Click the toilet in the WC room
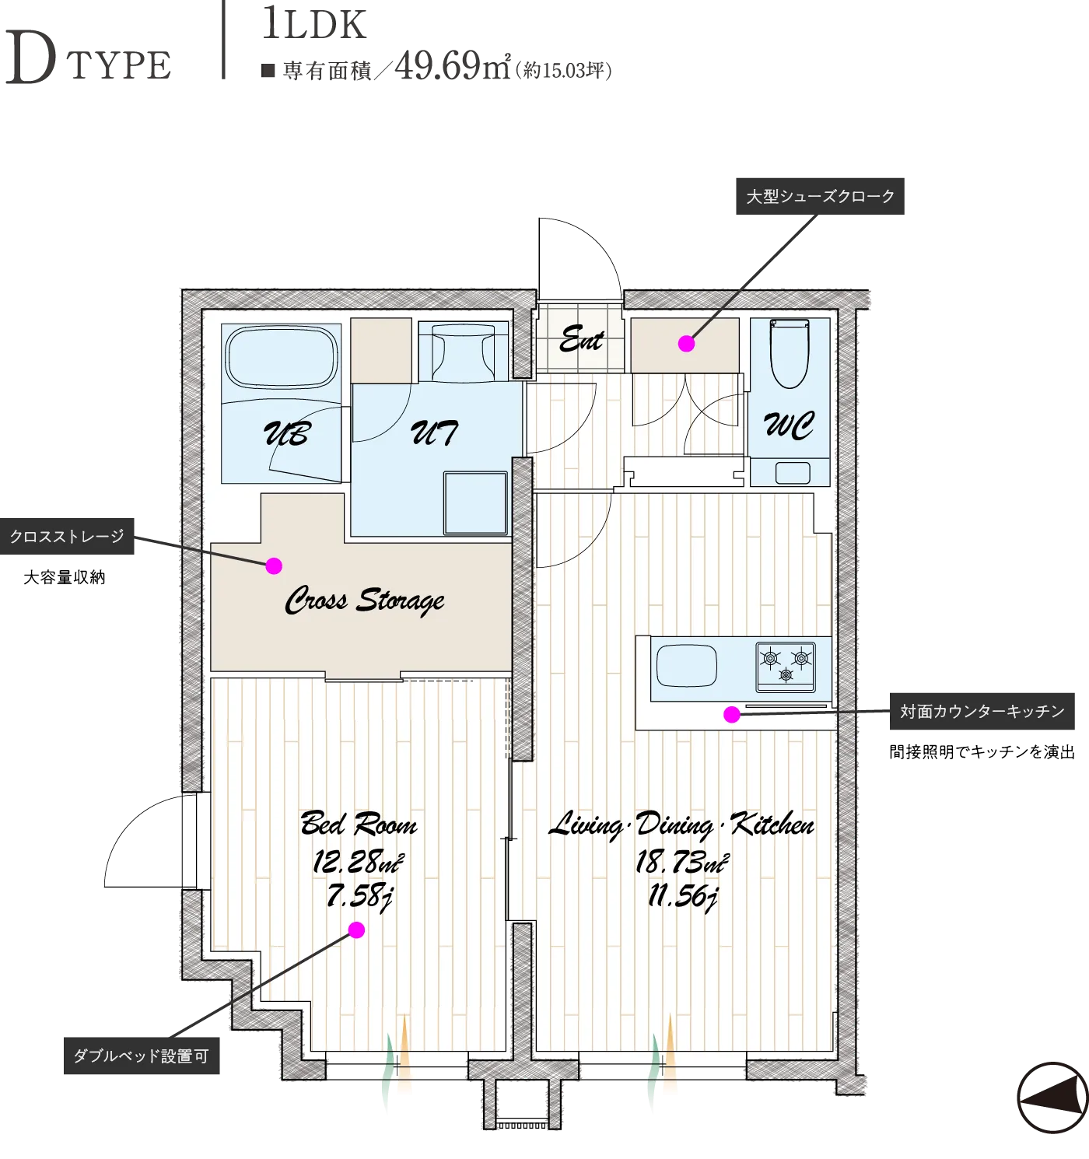789,352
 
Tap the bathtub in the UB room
282,356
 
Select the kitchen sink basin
686,666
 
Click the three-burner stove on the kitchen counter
786,667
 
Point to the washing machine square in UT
475,502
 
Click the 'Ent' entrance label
581,339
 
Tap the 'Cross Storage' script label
365,601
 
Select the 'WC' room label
789,425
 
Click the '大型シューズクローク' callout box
820,196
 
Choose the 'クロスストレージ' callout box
67,536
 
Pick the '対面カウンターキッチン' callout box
982,711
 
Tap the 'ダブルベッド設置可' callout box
142,1056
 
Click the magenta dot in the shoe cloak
686,344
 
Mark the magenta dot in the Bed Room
356,930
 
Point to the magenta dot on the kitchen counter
732,714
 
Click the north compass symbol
1052,1098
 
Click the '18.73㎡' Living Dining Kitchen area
681,862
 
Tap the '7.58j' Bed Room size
359,896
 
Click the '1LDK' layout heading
314,25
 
